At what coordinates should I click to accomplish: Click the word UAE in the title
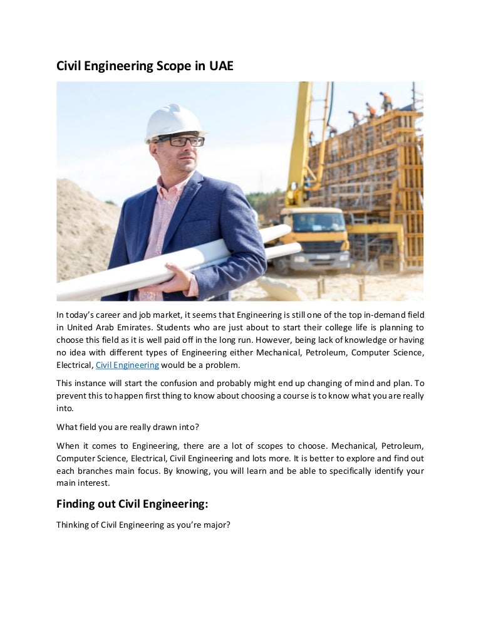coord(220,65)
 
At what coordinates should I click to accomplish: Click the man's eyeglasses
coord(180,141)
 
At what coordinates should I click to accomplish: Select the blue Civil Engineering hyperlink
coord(127,365)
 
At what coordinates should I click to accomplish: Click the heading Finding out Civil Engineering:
coord(132,503)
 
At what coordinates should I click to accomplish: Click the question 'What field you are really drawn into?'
coord(128,427)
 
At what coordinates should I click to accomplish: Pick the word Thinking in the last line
coord(73,525)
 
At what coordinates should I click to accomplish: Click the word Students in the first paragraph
coord(191,327)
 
